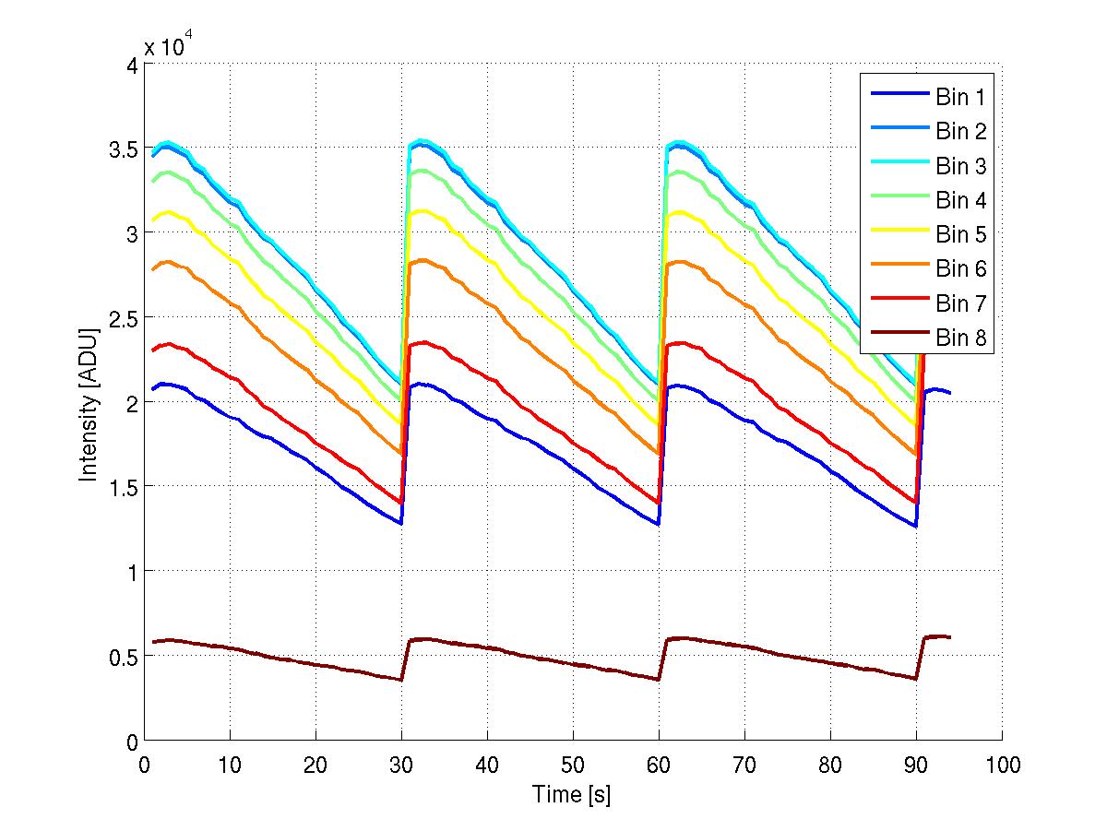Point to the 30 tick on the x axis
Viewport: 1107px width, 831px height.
click(401, 765)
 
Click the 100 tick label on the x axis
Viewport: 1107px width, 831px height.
click(1002, 765)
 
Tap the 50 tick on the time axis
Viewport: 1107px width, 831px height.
click(573, 765)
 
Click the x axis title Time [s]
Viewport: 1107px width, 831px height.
click(572, 794)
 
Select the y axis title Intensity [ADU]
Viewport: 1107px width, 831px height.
click(89, 402)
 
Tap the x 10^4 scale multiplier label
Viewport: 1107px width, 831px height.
click(168, 47)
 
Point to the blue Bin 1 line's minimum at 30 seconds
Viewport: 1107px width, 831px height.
click(400, 523)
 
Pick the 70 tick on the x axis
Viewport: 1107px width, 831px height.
click(744, 765)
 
